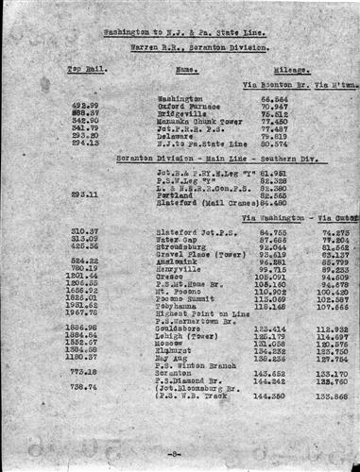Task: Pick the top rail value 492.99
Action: [85, 105]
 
